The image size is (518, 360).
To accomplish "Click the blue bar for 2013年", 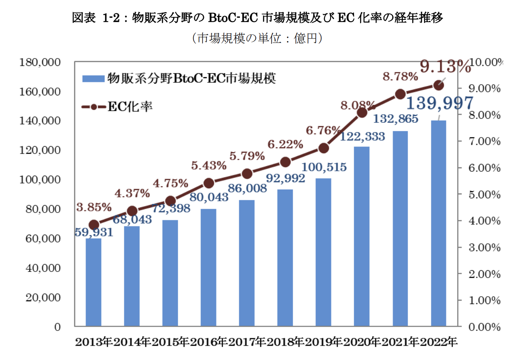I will coord(93,282).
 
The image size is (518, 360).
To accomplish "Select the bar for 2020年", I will coord(362,236).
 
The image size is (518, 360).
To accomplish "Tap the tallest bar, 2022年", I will coord(439,223).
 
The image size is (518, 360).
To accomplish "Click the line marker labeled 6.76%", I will coord(324,148).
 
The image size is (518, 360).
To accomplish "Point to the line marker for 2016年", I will coord(209,183).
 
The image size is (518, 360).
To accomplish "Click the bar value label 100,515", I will coord(324,167).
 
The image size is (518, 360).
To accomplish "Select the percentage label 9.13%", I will coord(445,67).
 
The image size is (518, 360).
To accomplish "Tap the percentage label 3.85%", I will coord(94,207).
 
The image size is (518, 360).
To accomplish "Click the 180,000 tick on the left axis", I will coord(40,62).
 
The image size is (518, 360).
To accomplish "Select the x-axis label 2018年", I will coord(285,343).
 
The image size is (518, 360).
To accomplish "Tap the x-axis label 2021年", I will coord(400,343).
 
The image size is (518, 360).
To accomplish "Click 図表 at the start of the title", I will coord(82,18).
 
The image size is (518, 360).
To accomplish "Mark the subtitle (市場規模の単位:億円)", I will coord(259,39).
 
